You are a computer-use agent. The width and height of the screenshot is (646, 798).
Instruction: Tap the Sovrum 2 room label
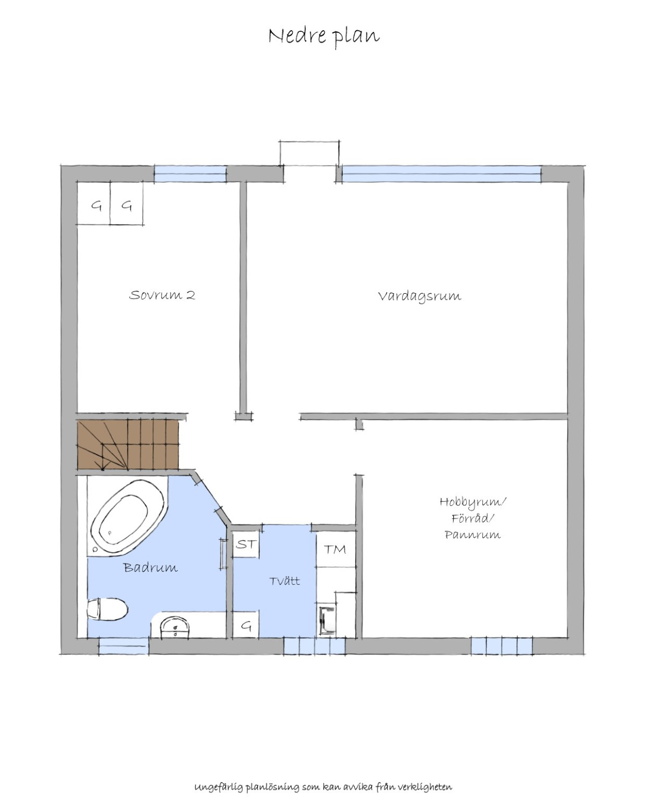[162, 295]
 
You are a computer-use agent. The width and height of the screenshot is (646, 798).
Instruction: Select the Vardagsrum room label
[419, 296]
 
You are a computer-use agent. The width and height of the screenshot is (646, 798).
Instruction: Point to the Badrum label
[150, 568]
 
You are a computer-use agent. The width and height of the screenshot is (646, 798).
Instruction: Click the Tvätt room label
[284, 581]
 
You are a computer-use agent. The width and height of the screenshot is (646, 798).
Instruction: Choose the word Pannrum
[472, 535]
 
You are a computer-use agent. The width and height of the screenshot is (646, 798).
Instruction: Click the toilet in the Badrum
[108, 609]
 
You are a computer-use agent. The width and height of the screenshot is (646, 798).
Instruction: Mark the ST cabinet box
[245, 544]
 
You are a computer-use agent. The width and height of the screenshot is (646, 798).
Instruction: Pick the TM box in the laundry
[335, 550]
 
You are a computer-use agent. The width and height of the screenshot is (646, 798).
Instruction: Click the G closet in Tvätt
[245, 624]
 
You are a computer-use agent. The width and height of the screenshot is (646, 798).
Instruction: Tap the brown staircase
[128, 445]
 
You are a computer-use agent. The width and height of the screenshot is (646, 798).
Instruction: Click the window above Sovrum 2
[191, 174]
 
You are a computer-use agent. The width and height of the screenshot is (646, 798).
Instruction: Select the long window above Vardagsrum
[441, 174]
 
